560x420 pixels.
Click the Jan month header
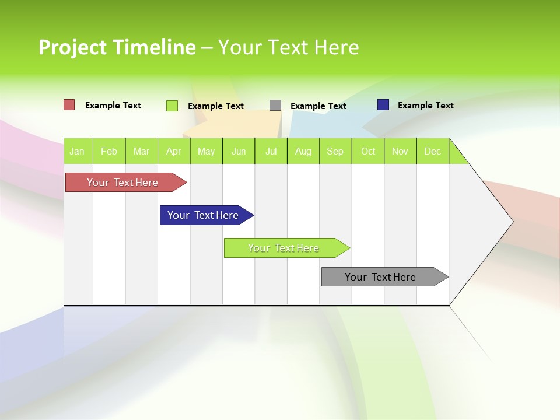78,151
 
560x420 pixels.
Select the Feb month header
109,151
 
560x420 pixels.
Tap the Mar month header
141,151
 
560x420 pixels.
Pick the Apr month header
174,151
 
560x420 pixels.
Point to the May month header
206,151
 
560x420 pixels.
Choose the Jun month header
239,151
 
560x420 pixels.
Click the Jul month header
271,151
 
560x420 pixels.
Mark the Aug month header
303,151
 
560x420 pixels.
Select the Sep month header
335,151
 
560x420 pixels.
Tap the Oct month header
368,151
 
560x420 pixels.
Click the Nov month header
400,151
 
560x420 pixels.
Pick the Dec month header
433,151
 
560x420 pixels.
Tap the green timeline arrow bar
284,248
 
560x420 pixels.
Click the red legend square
69,105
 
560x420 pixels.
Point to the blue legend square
383,105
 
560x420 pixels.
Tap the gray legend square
275,106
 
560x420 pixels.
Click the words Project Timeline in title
117,47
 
